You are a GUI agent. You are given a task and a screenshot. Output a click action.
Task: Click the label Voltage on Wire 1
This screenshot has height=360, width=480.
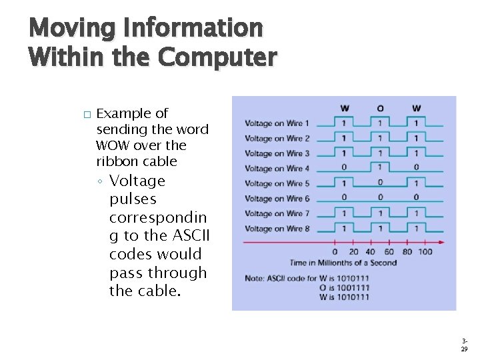[277, 123]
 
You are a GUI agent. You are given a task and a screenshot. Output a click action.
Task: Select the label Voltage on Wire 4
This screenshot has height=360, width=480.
[277, 169]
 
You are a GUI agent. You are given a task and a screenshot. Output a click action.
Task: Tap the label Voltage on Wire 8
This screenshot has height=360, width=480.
[277, 229]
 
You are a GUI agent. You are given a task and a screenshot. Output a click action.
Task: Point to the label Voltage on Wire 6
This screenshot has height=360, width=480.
[277, 199]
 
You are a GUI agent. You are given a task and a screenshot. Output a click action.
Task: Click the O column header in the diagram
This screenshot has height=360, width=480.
[380, 108]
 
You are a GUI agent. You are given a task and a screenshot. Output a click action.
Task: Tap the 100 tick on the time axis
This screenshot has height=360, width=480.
[425, 252]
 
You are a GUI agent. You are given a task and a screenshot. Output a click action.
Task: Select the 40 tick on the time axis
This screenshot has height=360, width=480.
[370, 252]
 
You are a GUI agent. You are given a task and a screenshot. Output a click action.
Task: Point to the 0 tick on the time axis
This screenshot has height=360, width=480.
[335, 252]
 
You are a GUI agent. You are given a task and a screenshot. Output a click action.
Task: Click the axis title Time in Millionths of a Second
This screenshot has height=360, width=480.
[343, 263]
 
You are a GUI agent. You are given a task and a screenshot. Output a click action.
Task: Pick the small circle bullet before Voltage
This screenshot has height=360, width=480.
[99, 182]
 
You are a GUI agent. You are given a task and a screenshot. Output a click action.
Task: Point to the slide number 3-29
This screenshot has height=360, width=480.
[464, 343]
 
